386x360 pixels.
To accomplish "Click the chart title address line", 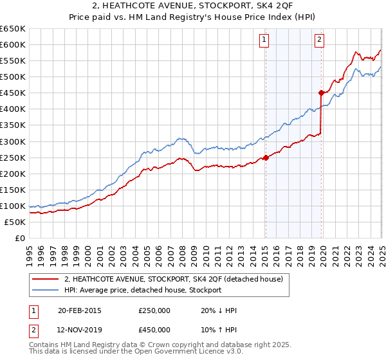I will (193, 6).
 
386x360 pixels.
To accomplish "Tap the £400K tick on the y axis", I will (13, 109).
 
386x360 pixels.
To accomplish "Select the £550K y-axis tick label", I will (13, 61).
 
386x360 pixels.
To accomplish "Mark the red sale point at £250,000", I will (266, 157).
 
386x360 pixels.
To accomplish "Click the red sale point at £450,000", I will (321, 93).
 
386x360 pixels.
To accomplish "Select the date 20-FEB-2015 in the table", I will (80, 310).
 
